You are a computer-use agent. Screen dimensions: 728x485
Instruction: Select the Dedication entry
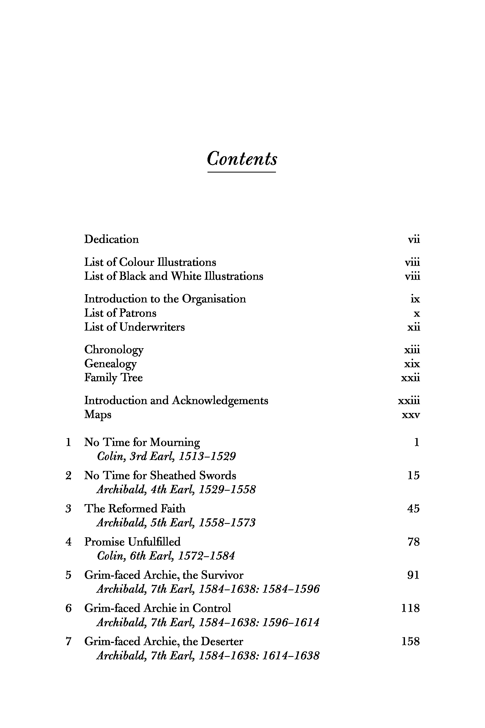[111, 239]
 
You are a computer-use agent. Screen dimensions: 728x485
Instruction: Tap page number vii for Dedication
[414, 239]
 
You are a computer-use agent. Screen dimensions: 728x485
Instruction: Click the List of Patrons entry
[120, 313]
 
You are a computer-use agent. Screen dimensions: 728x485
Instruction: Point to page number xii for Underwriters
[414, 327]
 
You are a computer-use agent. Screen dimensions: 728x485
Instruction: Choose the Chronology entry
[114, 350]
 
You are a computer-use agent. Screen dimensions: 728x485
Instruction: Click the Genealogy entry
[110, 364]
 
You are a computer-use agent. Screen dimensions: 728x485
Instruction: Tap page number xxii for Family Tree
[410, 378]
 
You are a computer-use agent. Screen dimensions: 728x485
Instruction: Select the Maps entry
[98, 415]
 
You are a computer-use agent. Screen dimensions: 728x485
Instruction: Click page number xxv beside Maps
[411, 415]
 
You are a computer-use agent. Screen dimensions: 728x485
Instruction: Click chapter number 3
[68, 509]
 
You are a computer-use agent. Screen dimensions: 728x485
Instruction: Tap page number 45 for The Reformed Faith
[413, 509]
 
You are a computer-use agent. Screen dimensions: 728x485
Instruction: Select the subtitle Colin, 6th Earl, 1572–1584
[166, 556]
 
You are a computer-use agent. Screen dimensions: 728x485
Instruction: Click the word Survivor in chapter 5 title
[222, 575]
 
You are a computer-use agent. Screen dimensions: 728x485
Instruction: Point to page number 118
[410, 608]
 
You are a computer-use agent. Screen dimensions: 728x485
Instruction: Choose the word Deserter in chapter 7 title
[222, 641]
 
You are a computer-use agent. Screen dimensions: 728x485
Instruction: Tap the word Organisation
[214, 299]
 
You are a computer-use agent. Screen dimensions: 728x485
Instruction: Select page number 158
[410, 641]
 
